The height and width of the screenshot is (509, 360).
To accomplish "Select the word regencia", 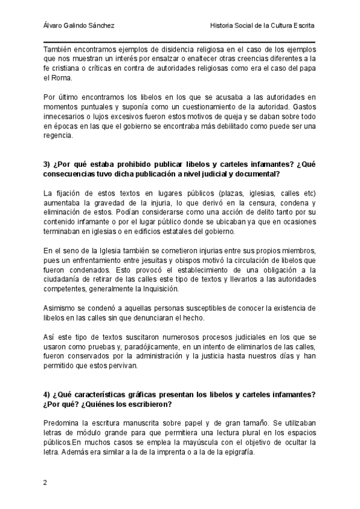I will click(58, 135).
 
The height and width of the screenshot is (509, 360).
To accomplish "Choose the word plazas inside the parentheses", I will click(218, 193).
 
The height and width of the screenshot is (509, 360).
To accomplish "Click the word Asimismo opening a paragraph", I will click(61, 308).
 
